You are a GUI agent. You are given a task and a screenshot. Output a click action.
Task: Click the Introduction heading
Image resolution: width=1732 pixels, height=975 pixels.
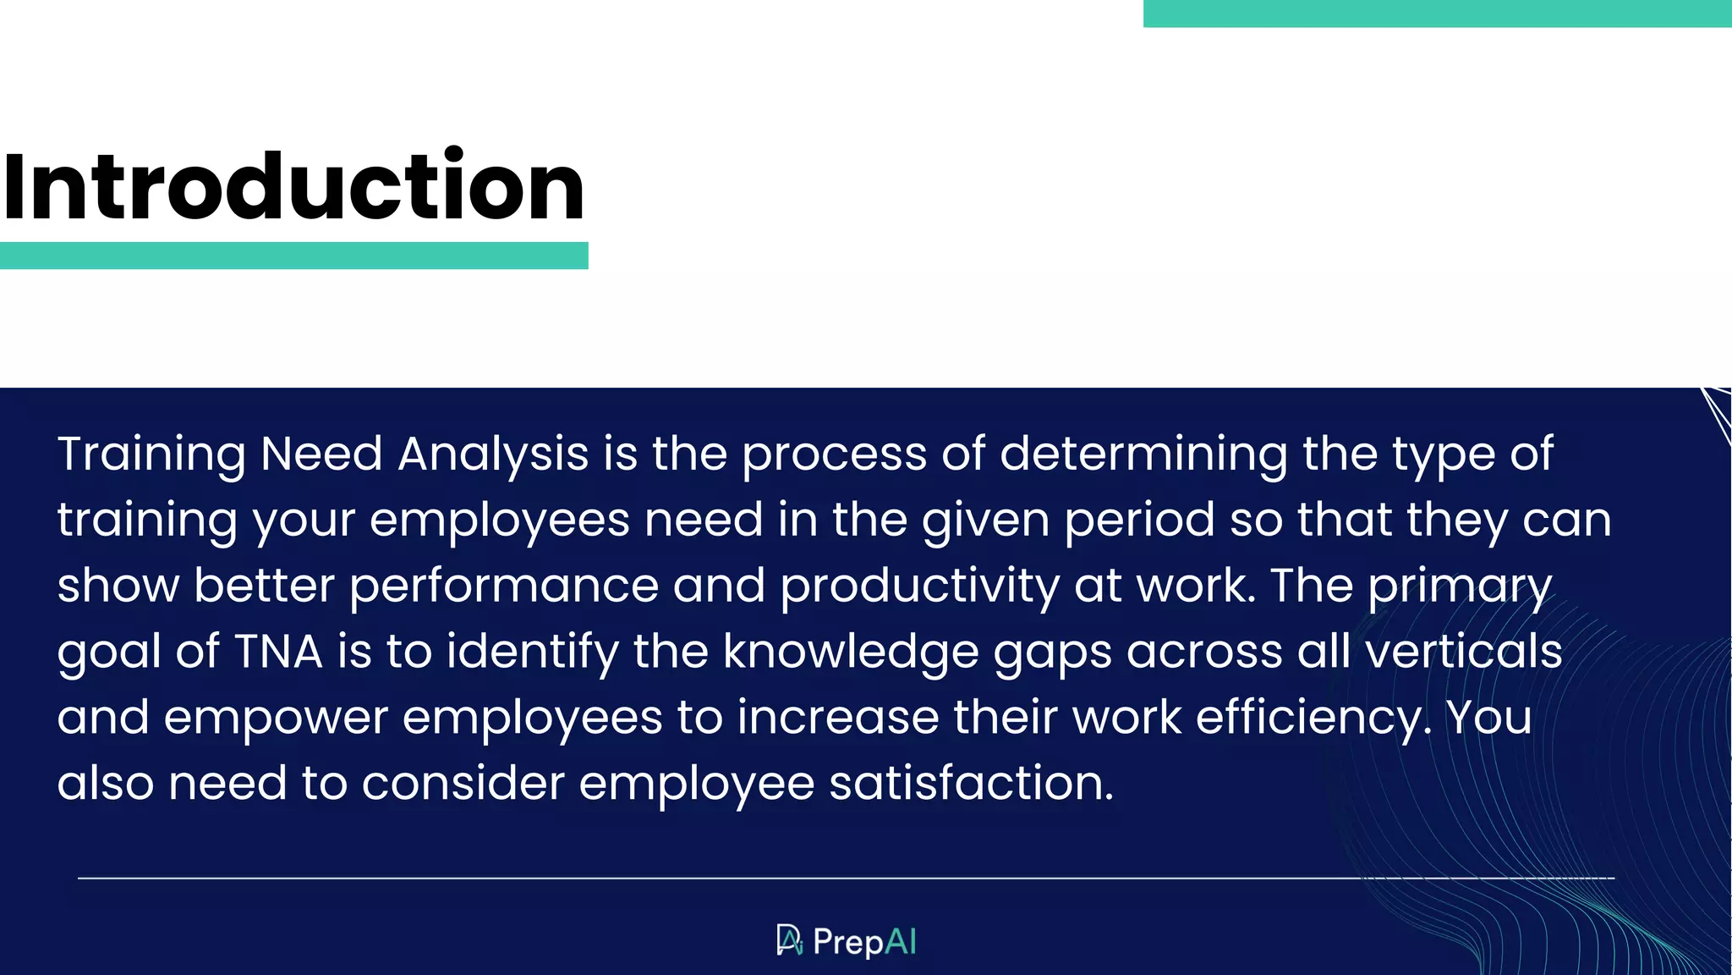[293, 186]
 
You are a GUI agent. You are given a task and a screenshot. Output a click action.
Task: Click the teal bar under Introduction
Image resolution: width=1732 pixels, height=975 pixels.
[293, 256]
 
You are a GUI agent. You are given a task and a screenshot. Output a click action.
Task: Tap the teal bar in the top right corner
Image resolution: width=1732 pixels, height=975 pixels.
[1437, 14]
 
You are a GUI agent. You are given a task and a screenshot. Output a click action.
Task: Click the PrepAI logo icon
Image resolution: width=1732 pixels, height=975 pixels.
[789, 940]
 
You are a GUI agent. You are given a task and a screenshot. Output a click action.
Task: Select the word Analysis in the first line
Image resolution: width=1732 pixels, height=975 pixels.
[493, 454]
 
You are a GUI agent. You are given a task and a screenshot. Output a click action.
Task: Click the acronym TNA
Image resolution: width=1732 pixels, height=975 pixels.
[278, 653]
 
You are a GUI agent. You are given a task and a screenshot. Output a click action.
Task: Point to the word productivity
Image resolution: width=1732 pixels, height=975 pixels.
[919, 587]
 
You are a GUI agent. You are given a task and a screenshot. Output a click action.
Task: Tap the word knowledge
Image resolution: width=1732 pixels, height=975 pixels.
[851, 653]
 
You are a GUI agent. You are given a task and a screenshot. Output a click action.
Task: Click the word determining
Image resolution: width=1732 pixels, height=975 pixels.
[1143, 454]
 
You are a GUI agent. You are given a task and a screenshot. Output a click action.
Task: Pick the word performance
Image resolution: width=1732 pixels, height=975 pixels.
[504, 587]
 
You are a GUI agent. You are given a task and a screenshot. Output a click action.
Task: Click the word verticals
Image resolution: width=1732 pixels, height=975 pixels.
[1463, 653]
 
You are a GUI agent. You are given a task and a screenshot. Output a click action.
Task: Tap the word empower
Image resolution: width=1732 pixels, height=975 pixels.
[276, 719]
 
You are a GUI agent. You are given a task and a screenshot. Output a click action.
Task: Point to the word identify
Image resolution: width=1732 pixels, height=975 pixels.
[533, 653]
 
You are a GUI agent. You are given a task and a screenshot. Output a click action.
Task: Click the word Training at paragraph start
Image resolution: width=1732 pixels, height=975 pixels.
[151, 454]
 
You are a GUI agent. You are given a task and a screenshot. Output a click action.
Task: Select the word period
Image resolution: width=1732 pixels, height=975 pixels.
[1139, 521]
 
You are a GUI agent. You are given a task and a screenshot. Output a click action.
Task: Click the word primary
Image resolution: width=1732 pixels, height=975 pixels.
[1460, 587]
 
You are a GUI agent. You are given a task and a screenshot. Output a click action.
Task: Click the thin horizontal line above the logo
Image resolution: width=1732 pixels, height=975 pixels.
[846, 879]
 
